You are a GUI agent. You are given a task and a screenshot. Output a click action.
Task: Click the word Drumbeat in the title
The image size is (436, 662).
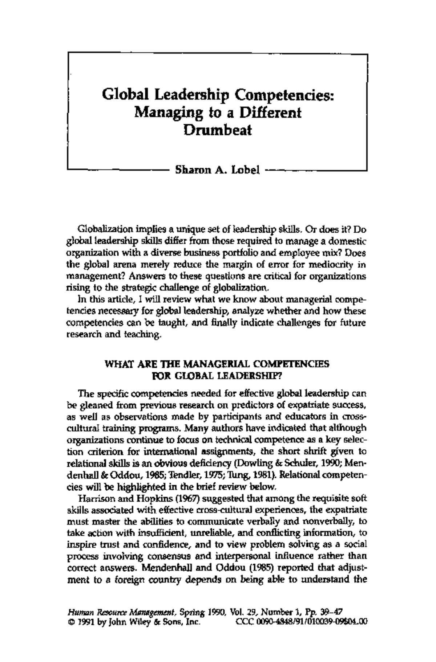(218, 129)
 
